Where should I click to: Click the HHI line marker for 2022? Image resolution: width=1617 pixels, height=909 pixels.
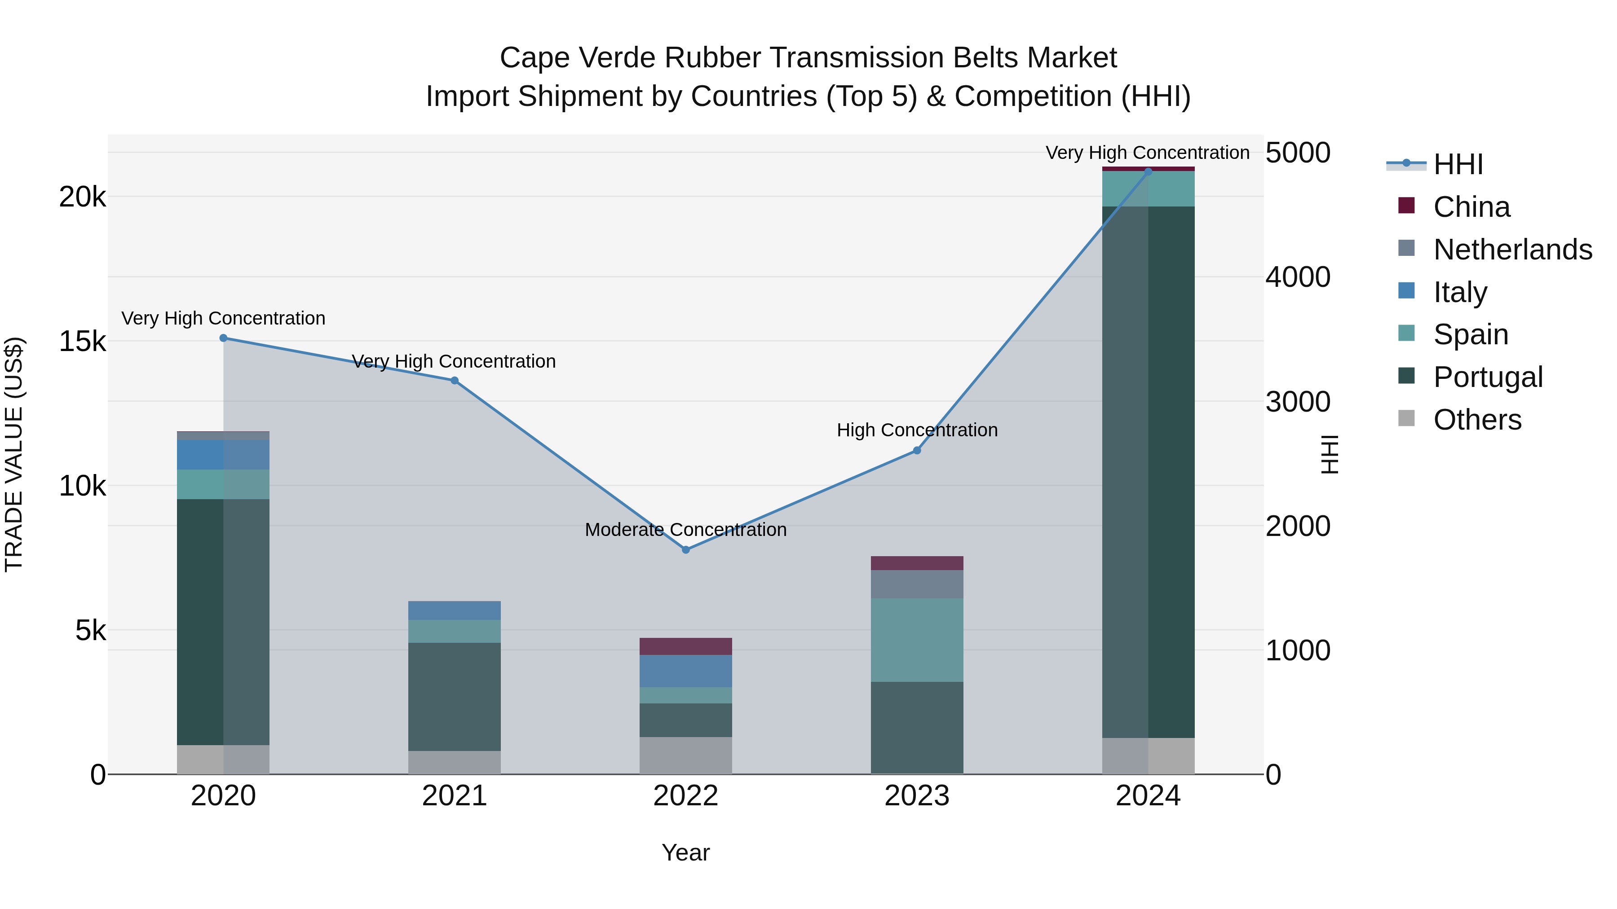pos(685,549)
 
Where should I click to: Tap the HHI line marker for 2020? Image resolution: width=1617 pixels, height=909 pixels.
pos(224,338)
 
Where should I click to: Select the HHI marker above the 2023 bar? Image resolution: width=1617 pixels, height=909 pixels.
pos(916,450)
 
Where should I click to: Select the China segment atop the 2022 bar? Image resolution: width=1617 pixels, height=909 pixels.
pos(685,646)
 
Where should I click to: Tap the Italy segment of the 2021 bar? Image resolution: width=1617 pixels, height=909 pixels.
pos(455,610)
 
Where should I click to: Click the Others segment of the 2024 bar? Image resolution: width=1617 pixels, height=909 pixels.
pos(1148,756)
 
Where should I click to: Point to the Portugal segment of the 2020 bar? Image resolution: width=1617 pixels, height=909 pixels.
pos(224,621)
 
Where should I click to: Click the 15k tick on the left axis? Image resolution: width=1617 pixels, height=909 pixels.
pos(82,342)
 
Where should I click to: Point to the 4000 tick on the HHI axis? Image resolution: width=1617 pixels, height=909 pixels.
pos(1298,277)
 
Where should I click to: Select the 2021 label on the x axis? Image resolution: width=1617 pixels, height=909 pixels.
pos(455,796)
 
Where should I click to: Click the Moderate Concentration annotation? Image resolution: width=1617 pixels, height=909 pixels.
pos(685,530)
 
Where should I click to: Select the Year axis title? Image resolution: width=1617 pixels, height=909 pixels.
pos(685,852)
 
